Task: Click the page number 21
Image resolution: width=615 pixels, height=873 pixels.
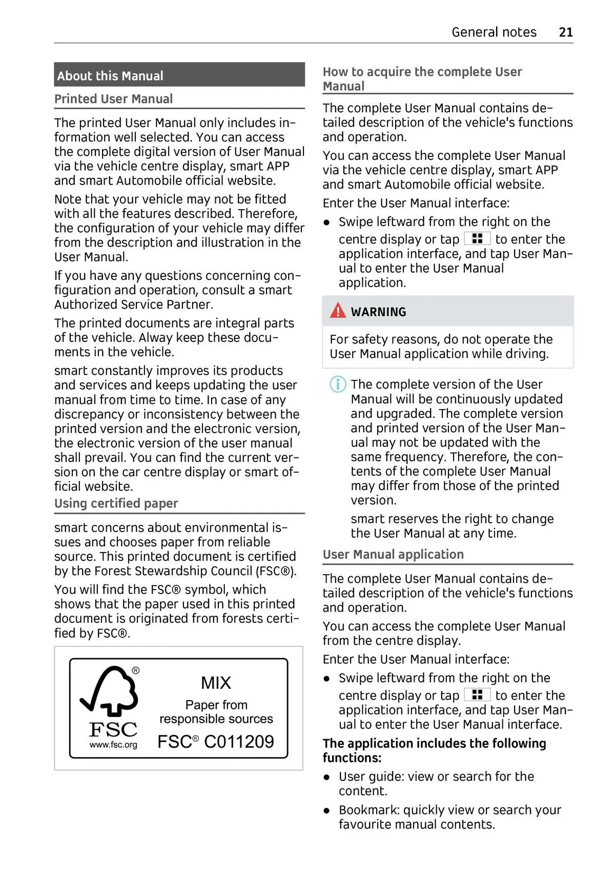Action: [565, 32]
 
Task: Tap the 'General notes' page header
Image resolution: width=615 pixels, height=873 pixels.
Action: [494, 32]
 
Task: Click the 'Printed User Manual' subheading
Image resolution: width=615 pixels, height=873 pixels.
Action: [113, 99]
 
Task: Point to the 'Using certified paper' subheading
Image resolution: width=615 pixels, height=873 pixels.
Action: [116, 503]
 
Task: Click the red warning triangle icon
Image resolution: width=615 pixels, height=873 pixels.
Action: [338, 311]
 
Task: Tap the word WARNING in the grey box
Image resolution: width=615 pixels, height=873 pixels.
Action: [378, 312]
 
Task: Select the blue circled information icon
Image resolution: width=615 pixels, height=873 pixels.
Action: [337, 384]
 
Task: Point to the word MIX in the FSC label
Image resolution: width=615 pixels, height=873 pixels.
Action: [216, 683]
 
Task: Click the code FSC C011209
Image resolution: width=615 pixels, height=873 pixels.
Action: [216, 742]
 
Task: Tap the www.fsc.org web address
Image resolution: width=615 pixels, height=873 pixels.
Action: [113, 745]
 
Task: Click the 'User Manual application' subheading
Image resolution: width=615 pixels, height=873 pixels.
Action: [393, 555]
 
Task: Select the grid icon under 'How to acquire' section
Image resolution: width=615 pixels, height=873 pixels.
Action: [477, 238]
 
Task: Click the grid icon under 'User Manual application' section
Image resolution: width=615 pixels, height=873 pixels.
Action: [477, 695]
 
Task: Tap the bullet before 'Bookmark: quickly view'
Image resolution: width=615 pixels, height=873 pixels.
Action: [326, 810]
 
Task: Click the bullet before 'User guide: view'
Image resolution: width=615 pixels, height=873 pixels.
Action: [326, 777]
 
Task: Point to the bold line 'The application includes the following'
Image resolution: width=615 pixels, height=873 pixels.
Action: [434, 743]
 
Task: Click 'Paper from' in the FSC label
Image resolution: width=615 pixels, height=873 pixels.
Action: [216, 705]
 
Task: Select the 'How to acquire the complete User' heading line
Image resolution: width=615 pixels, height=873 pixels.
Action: [422, 72]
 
